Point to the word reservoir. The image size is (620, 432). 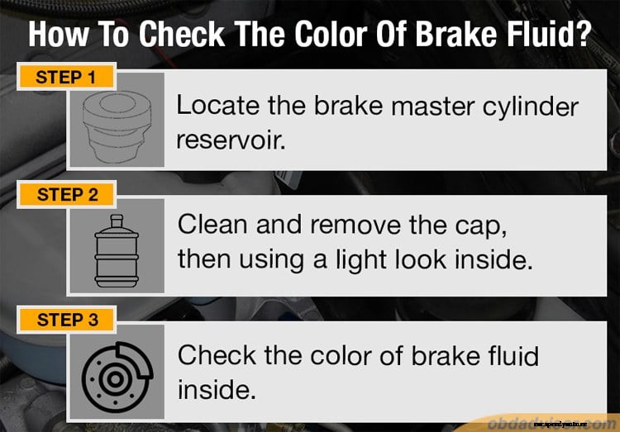(231, 140)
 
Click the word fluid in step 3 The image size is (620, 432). (507, 355)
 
